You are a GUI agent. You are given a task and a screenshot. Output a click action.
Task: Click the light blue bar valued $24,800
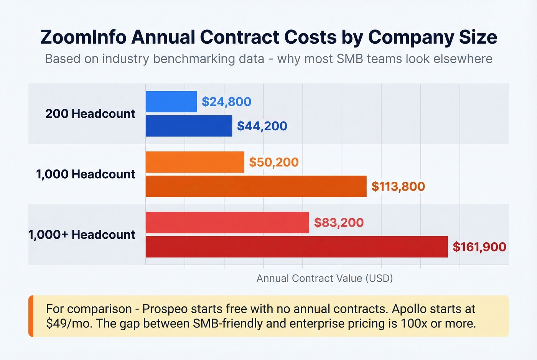(171, 102)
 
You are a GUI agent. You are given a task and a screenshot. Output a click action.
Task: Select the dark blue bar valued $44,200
(189, 126)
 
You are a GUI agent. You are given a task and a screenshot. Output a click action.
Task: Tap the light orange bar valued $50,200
(195, 162)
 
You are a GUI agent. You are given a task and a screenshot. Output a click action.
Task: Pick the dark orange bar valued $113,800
(256, 186)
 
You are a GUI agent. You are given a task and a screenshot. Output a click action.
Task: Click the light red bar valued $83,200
(227, 222)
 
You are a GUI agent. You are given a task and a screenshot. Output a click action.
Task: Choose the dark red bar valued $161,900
(297, 247)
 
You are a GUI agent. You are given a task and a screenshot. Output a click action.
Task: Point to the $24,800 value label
(226, 102)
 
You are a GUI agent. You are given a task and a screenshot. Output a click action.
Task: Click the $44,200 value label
(262, 126)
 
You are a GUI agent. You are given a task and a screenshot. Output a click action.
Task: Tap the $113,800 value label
(398, 186)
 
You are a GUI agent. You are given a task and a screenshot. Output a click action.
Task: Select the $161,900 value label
(479, 247)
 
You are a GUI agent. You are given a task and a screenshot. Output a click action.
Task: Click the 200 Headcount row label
(90, 114)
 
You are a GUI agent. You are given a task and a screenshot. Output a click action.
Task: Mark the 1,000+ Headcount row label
(82, 235)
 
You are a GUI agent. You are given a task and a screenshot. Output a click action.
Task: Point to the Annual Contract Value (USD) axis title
(325, 278)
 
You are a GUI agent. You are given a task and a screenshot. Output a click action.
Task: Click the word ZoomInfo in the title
(83, 37)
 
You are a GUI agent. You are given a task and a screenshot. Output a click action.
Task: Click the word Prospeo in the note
(165, 309)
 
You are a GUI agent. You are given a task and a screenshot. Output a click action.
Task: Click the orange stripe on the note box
(31, 316)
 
